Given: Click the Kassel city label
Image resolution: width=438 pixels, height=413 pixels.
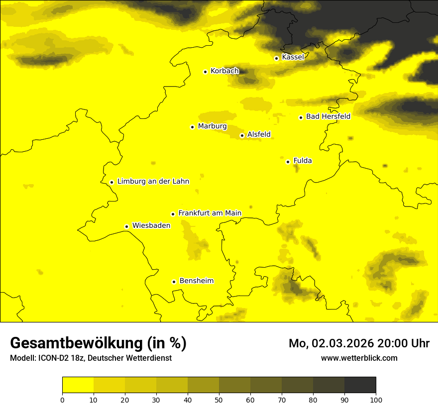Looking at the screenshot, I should [293, 57].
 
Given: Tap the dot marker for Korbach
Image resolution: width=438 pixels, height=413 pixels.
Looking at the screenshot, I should [205, 72].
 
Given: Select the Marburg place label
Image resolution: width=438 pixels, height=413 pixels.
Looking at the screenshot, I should [212, 126].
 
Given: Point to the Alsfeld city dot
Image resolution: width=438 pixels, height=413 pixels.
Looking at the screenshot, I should [242, 135].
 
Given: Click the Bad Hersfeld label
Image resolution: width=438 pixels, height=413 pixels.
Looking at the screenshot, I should [328, 116].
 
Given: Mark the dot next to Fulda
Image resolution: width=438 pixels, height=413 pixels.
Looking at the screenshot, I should [288, 162].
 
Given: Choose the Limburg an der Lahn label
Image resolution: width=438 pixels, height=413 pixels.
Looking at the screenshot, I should [153, 182].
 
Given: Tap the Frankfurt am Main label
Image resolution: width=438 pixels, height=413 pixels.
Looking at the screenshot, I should [210, 213].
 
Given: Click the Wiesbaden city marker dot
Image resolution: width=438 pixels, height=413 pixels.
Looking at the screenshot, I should [127, 226].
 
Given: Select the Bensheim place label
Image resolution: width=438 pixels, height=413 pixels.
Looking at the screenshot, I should [196, 281].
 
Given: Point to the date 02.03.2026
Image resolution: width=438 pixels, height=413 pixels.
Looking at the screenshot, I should [343, 343].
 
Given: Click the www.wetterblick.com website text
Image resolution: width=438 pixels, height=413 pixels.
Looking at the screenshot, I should [359, 358].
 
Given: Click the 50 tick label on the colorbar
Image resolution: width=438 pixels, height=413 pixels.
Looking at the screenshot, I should [219, 400].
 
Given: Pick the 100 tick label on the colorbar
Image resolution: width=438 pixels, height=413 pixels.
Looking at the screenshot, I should [376, 400].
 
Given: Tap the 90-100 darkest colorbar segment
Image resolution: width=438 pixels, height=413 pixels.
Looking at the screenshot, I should [360, 385].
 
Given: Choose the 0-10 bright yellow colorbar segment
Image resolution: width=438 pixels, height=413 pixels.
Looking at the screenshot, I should [78, 385].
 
